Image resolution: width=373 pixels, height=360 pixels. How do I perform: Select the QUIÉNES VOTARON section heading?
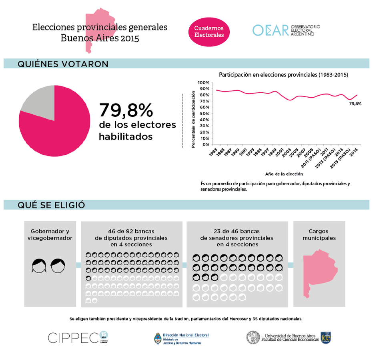pos(63,64)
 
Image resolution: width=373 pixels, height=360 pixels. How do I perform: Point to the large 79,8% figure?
pos(126,110)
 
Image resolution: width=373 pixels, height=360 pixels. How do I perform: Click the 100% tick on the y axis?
pos(204,82)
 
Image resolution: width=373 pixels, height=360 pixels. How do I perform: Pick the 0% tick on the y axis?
pos(205,144)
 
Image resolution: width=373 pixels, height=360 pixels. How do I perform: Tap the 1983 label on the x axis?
pos(213,152)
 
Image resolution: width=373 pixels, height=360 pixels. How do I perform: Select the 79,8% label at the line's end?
pos(355,104)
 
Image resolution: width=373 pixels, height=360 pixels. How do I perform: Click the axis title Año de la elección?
pos(284,174)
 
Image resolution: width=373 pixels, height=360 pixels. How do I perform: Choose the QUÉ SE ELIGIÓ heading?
pos(51,205)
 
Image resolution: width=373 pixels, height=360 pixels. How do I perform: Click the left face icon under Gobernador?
pos(39,266)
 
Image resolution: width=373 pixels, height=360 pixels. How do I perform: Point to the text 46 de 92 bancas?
pos(131,231)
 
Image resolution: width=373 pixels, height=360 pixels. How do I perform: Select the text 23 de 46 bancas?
pos(237,231)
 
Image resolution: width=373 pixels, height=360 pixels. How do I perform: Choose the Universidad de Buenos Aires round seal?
pos(252,337)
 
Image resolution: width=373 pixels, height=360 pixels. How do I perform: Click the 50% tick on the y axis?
pos(205,114)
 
